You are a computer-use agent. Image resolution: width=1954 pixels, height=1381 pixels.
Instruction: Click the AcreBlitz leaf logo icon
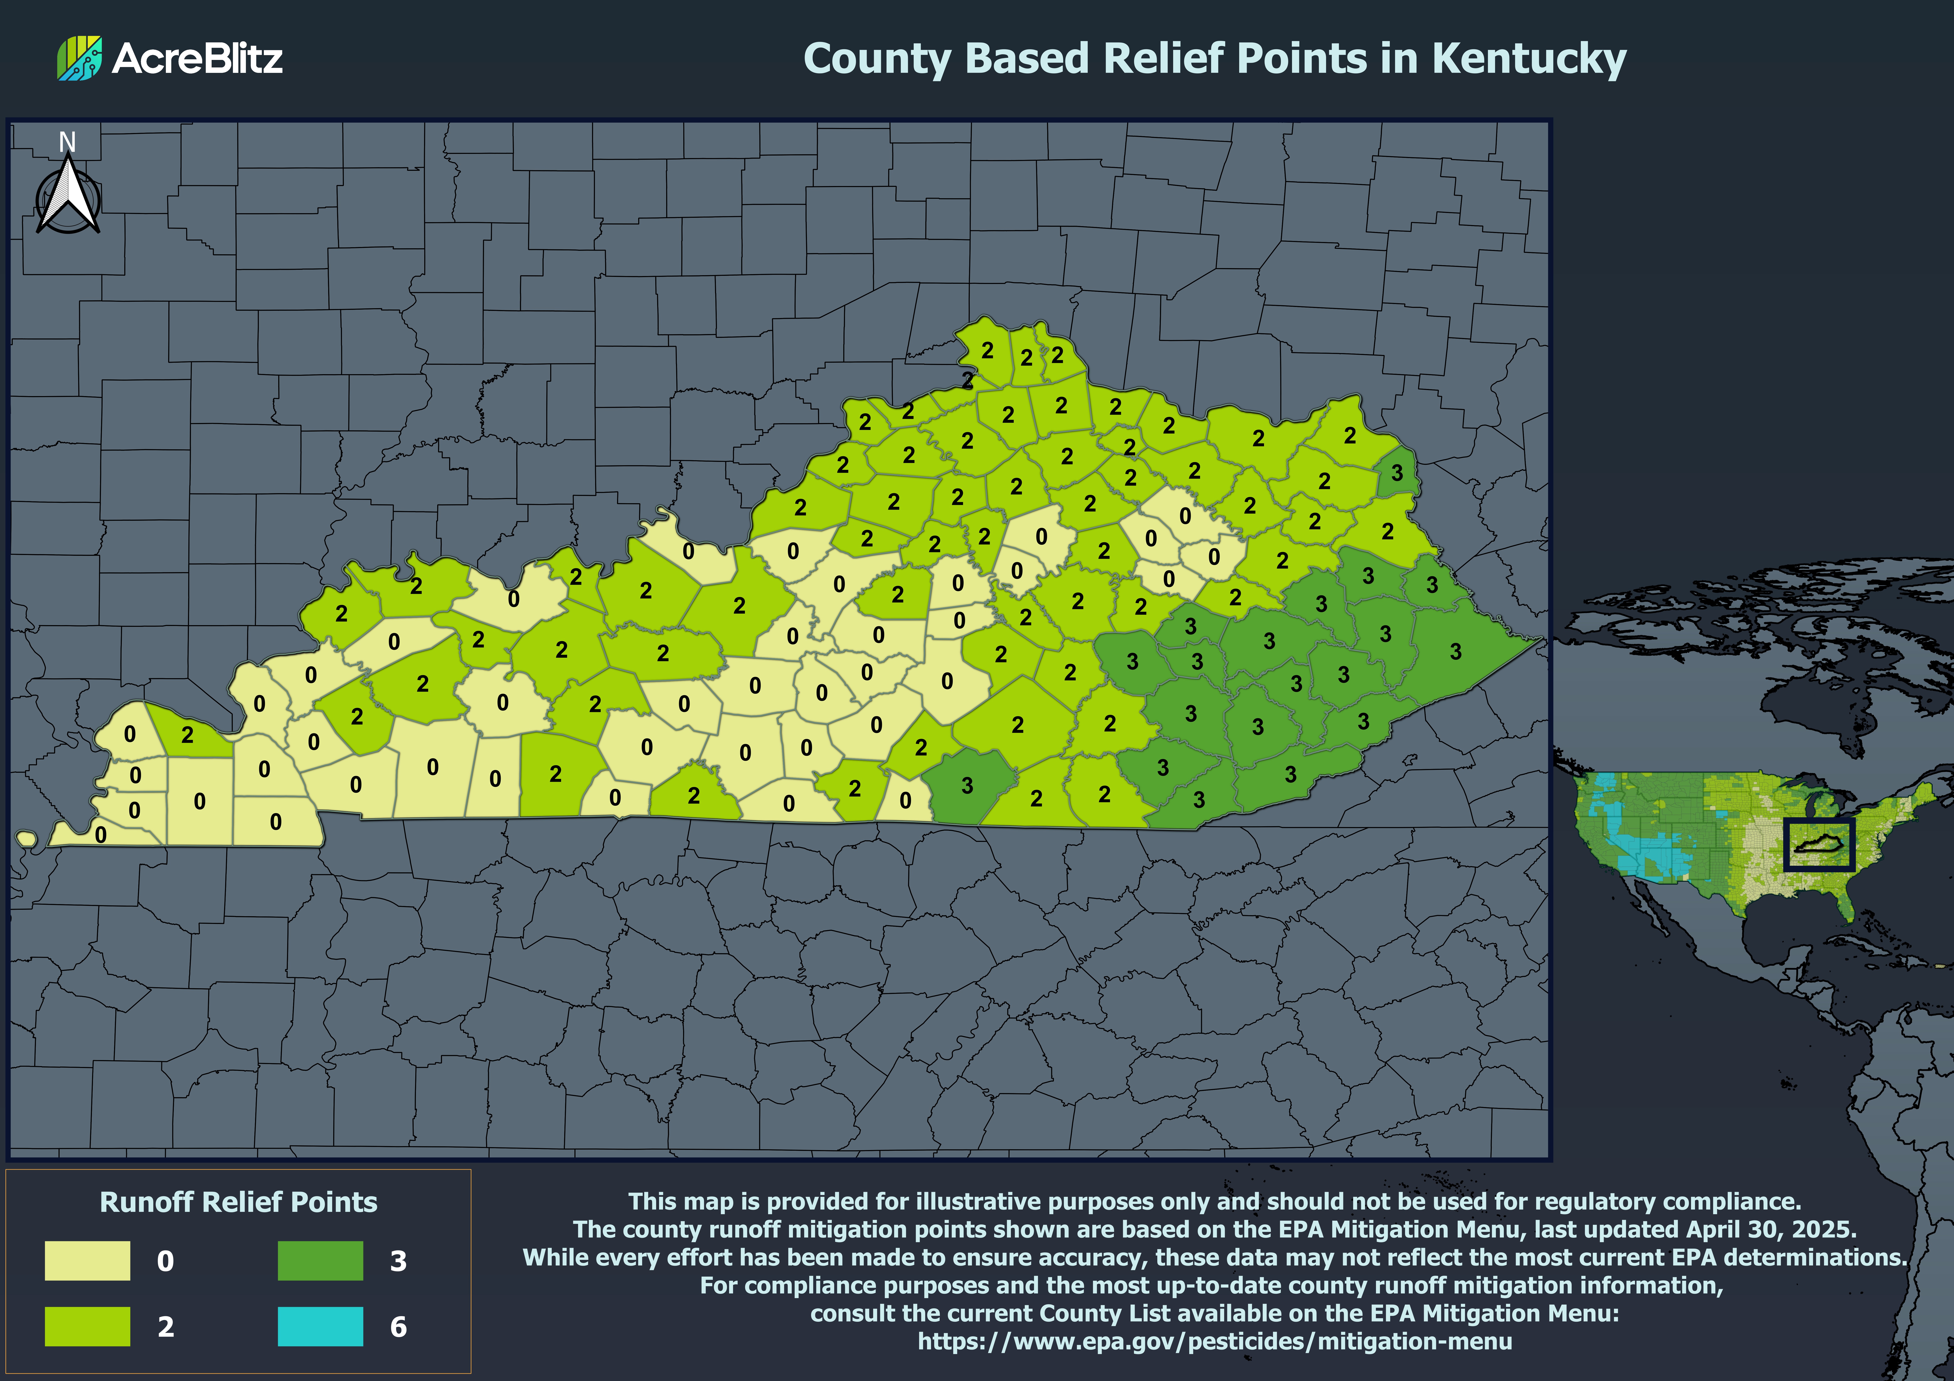(x=79, y=58)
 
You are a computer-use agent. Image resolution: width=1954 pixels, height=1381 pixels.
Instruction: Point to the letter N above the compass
(x=67, y=141)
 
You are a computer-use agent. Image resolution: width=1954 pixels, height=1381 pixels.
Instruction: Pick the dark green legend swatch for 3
(x=320, y=1260)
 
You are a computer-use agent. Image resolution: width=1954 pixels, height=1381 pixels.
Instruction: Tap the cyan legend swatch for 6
(x=320, y=1326)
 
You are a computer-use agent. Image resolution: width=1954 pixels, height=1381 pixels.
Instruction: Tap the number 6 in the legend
(x=398, y=1327)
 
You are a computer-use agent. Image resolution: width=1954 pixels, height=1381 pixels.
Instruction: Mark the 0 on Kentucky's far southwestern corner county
(x=100, y=835)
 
